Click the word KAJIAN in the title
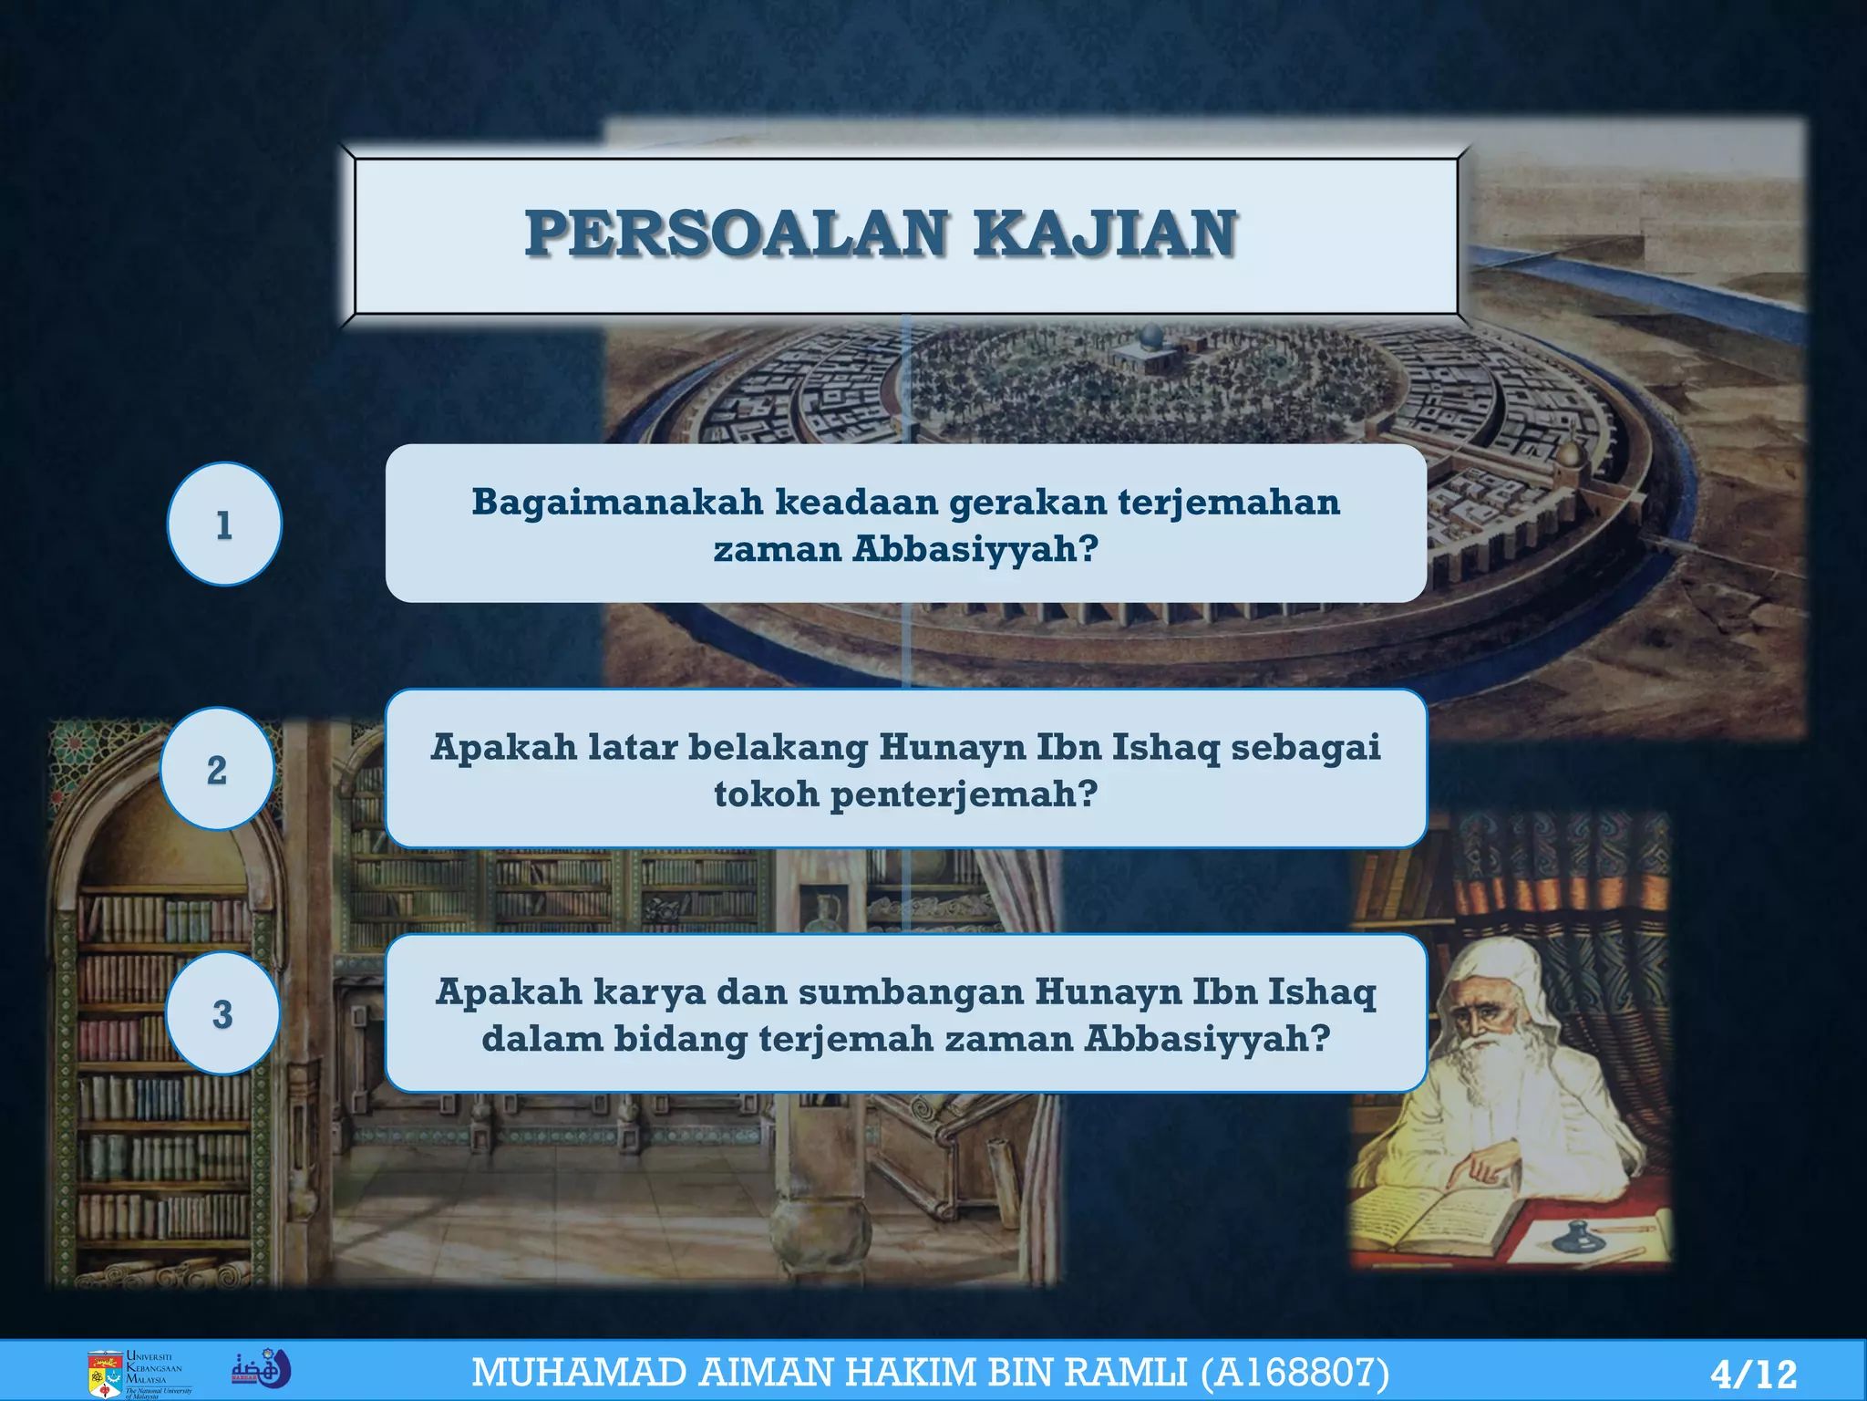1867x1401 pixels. [1104, 233]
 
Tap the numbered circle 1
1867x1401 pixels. [224, 524]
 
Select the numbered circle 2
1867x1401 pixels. [217, 769]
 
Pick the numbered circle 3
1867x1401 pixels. [222, 1013]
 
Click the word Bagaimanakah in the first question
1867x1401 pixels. [617, 503]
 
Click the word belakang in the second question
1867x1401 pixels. [778, 747]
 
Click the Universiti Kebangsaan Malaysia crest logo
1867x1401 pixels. [106, 1373]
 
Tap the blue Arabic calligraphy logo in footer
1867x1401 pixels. [261, 1370]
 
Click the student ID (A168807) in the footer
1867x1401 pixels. [1295, 1373]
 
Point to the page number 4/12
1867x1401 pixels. [1753, 1374]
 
